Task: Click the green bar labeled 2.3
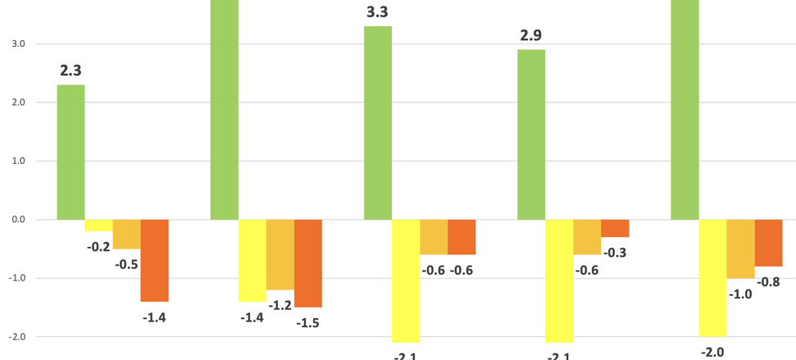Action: coord(71,153)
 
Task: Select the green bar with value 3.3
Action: coord(378,123)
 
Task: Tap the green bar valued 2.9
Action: coord(531,134)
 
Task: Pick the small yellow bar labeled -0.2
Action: coord(98,226)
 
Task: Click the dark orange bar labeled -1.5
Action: coord(308,263)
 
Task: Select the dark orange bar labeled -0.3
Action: coord(615,229)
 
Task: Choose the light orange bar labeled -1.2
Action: coord(280,254)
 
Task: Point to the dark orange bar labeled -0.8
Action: coord(768,243)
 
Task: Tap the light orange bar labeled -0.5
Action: coord(126,235)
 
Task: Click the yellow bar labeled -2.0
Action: coord(712,278)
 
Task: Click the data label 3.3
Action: coord(378,12)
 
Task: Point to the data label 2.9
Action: coord(530,36)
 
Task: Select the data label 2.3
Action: coord(71,71)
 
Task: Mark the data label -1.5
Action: coord(307,322)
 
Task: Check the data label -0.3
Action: coord(615,253)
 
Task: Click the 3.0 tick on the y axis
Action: coord(17,44)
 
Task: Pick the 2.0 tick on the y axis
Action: coord(17,103)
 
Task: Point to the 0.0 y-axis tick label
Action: coord(17,220)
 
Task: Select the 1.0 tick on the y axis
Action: coord(17,162)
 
